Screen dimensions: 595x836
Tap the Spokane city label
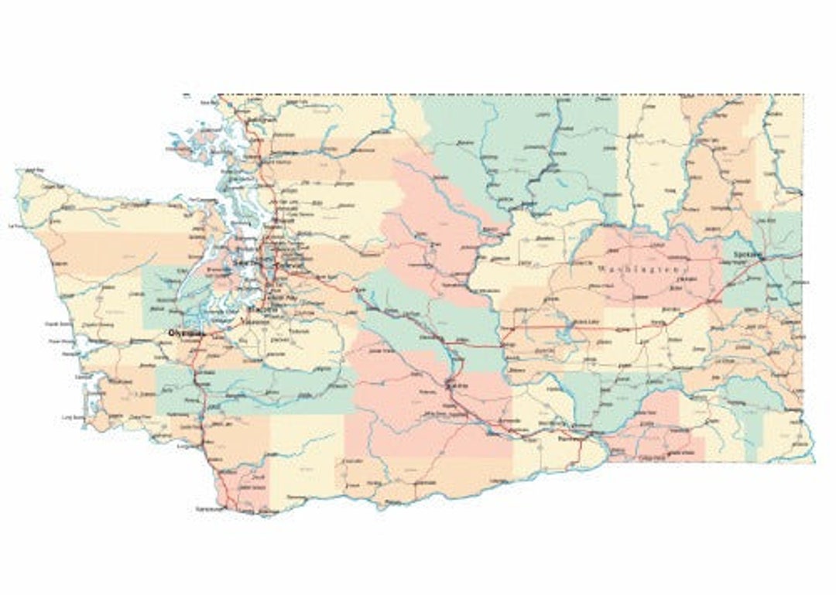coord(749,254)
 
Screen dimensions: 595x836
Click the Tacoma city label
coord(258,309)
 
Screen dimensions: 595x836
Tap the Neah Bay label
coord(33,169)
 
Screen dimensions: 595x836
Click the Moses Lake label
coord(586,322)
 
